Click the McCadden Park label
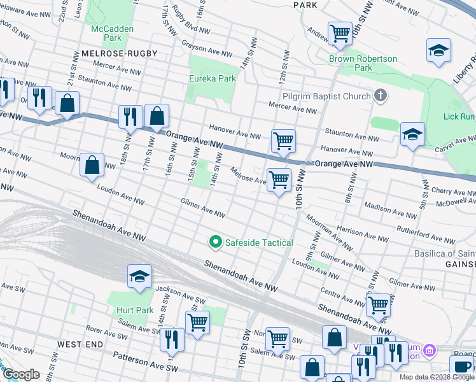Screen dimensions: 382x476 click(106, 33)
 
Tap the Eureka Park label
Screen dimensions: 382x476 click(213, 78)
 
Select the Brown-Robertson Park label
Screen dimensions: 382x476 click(363, 63)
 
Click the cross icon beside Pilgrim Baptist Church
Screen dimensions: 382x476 click(381, 96)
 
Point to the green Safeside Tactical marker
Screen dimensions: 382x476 click(215, 242)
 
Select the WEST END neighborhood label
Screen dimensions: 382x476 click(80, 344)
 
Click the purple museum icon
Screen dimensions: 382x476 click(430, 350)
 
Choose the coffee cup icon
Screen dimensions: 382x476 click(461, 367)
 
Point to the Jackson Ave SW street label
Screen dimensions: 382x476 click(180, 294)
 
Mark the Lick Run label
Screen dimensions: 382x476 click(459, 117)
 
